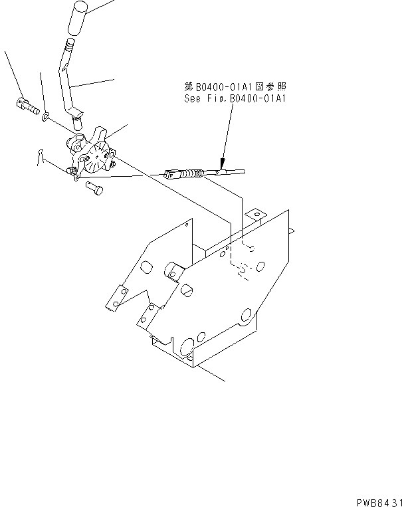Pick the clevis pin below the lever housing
95,189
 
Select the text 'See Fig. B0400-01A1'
235,98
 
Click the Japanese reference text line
236,87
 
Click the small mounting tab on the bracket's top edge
254,215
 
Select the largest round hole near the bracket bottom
185,346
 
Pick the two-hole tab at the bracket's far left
116,297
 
